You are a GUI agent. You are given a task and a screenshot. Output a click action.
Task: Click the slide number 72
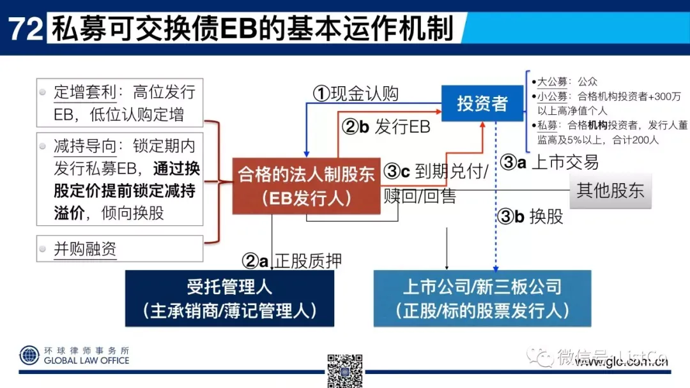[25, 29]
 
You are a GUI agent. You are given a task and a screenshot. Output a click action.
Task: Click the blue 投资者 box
[482, 103]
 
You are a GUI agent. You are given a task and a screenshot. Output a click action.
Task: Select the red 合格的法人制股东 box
[306, 185]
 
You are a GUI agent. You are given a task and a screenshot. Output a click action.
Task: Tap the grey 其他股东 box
[610, 190]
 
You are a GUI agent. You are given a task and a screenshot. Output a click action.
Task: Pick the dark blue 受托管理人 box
[229, 298]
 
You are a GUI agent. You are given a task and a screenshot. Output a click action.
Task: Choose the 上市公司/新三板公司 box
[482, 298]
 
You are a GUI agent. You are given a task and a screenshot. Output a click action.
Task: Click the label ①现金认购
[355, 94]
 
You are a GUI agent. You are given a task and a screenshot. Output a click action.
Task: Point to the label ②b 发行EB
[386, 126]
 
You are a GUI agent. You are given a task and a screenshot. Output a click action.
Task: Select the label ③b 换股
[530, 216]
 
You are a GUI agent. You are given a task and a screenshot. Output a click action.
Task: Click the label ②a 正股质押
[291, 260]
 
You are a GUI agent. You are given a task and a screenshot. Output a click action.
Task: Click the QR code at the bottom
[345, 370]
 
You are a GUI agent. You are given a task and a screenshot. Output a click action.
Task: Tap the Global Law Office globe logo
[29, 355]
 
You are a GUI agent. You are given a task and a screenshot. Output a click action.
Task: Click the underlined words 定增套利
[85, 92]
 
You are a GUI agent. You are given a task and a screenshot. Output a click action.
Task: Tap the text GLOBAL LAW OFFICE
[86, 361]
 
